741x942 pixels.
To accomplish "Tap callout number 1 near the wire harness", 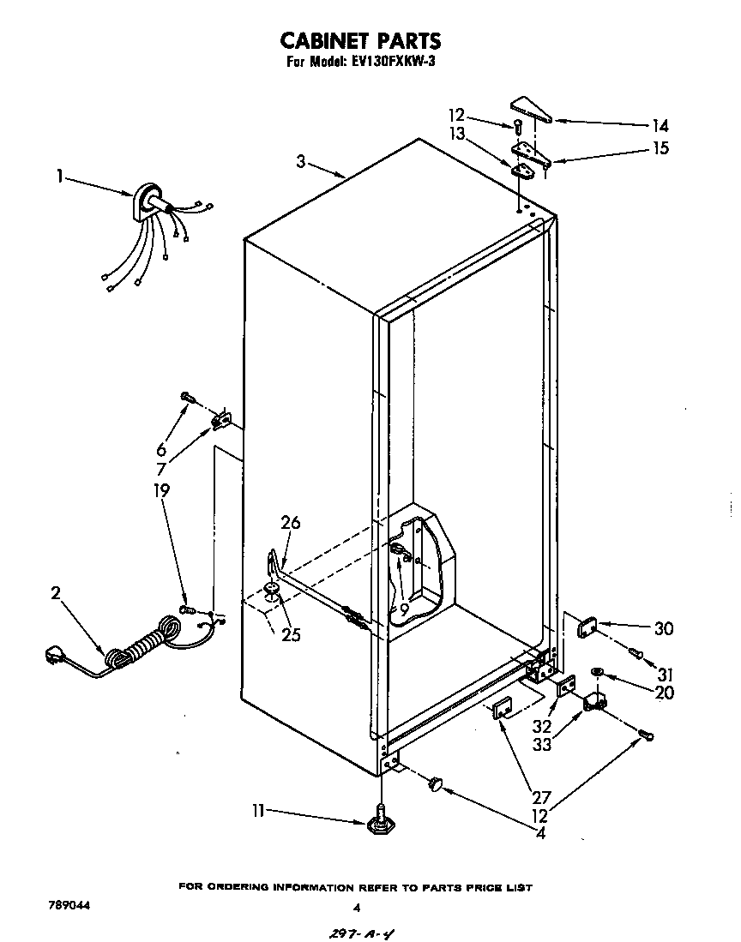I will pos(60,177).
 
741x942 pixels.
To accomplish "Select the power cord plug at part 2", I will pos(57,657).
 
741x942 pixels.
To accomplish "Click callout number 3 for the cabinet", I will pos(301,161).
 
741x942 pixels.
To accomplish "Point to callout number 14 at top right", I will pos(660,124).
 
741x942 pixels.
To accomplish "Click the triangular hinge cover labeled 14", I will pos(531,109).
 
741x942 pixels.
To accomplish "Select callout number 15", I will pos(660,148).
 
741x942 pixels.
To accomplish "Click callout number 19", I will pos(162,490).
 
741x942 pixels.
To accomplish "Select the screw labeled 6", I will pos(187,397).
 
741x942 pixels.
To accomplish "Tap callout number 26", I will pos(290,522).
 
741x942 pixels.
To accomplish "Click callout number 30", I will pos(663,628).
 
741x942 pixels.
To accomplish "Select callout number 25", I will pos(290,635).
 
